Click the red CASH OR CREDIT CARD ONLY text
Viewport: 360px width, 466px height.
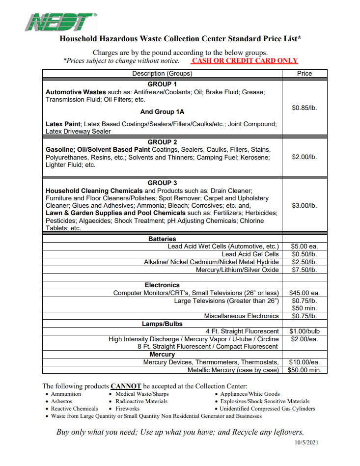coord(245,61)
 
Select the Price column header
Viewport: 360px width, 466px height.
coord(305,73)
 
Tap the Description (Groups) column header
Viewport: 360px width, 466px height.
coord(162,73)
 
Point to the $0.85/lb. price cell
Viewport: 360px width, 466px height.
coord(305,108)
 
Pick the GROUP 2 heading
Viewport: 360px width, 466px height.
coord(162,142)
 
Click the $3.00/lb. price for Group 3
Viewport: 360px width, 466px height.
coord(305,205)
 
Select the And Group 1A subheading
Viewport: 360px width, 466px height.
coord(162,111)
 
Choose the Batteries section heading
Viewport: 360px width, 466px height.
coord(162,239)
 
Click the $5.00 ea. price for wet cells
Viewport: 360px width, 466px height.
coord(305,246)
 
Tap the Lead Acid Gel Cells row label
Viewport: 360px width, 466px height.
coord(250,254)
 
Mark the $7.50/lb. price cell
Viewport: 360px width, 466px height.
coord(305,270)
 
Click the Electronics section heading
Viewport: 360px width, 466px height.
coord(162,285)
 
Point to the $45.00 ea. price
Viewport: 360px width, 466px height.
coord(305,293)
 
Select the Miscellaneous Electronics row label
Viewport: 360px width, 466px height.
coord(241,316)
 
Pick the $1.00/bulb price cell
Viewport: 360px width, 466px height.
coord(305,331)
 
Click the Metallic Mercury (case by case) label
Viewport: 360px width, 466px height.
coord(233,370)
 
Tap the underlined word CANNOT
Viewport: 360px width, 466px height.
coord(126,386)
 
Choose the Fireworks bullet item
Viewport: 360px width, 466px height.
coord(127,409)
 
